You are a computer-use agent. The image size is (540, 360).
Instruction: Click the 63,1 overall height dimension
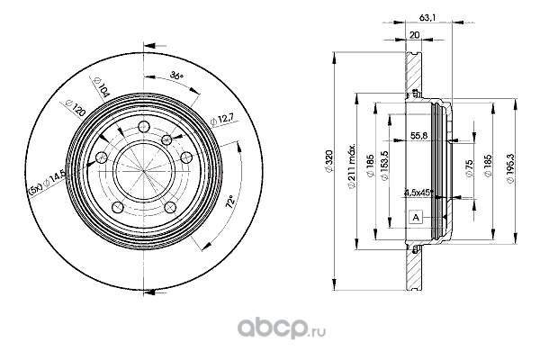pyautogui.click(x=427, y=13)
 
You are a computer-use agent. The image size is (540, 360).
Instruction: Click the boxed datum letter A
pyautogui.click(x=416, y=217)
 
